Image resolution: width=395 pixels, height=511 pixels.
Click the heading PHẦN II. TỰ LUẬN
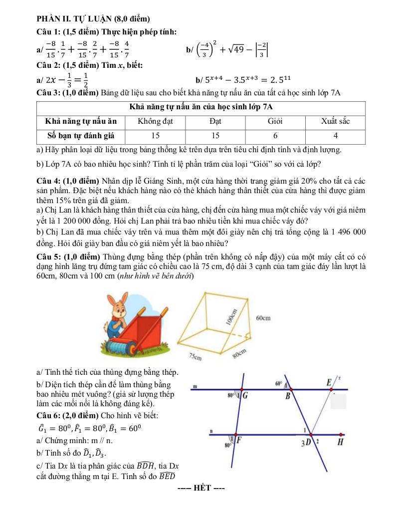93,19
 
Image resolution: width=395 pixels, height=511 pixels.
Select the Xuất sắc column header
336,121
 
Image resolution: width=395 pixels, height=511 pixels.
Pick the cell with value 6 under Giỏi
275,135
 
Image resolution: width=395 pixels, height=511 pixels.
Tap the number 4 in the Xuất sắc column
336,135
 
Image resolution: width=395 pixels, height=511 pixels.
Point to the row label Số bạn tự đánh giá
81,135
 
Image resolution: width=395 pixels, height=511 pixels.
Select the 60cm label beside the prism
263,317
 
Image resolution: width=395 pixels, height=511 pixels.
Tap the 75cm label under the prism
196,356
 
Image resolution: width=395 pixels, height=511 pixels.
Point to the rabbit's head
118,306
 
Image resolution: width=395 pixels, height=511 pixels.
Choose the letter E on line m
329,383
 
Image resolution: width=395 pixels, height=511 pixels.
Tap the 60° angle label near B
278,384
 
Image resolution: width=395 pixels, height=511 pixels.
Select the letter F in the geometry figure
240,441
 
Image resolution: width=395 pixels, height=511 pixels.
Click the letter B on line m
288,397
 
